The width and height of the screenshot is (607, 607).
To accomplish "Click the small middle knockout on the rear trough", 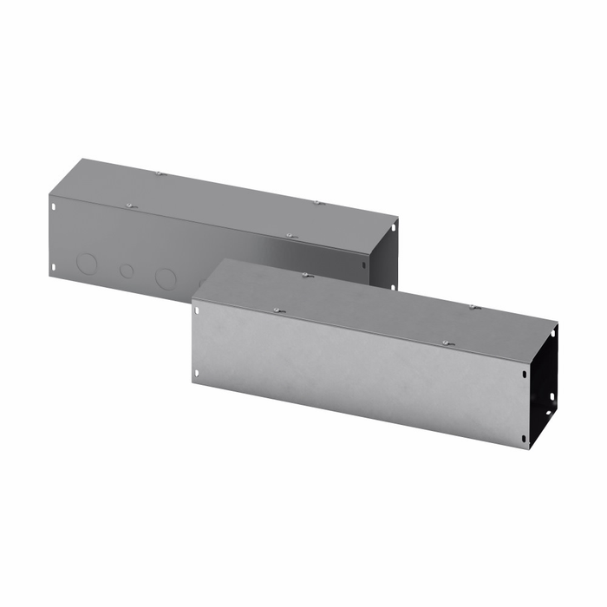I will click(x=127, y=271).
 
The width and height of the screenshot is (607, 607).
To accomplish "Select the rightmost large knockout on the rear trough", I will click(x=166, y=278).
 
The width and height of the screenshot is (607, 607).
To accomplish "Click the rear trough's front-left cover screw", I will click(x=128, y=206).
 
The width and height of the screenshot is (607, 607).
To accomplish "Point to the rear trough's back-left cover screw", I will click(x=160, y=173).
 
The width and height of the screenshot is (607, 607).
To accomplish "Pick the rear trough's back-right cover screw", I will click(x=317, y=203).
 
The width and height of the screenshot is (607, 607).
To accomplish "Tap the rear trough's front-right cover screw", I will click(x=291, y=235).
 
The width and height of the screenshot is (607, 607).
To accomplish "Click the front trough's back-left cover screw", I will click(x=307, y=275).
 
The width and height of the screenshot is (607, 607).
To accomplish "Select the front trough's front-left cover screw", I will click(x=277, y=310).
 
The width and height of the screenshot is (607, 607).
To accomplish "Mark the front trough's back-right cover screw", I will click(x=474, y=306).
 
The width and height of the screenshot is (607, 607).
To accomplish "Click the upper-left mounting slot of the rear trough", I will click(x=54, y=207).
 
